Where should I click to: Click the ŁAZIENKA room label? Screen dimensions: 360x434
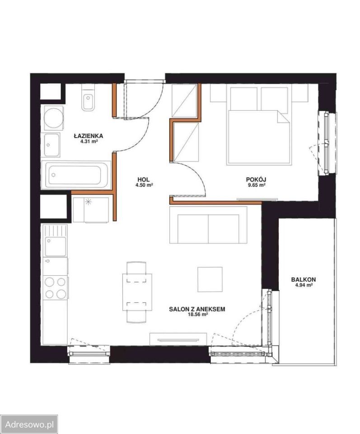(x=88, y=136)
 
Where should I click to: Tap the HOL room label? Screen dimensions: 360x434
(x=144, y=179)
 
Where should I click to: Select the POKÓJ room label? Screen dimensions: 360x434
(x=257, y=179)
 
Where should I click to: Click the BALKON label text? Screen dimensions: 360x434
(x=304, y=279)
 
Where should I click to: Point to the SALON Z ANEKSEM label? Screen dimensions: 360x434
(x=197, y=309)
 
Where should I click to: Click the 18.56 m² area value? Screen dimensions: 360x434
(x=197, y=315)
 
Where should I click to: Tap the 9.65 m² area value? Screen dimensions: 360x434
(x=257, y=185)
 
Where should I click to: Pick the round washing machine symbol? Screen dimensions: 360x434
(x=54, y=118)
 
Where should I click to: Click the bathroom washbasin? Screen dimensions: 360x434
(x=52, y=145)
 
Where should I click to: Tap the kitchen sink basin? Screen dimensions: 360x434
(x=56, y=246)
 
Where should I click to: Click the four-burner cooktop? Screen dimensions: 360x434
(x=55, y=288)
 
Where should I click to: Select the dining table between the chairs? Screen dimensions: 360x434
(x=137, y=292)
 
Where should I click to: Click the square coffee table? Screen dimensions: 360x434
(x=210, y=279)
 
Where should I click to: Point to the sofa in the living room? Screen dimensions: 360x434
(x=209, y=225)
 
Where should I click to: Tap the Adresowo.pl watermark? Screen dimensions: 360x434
(x=29, y=424)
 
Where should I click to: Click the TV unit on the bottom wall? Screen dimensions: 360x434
(x=178, y=339)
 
